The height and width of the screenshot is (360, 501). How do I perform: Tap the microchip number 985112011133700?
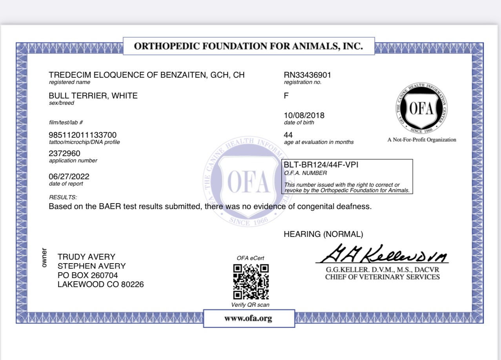click(x=82, y=135)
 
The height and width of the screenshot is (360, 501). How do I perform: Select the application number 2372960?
click(x=65, y=153)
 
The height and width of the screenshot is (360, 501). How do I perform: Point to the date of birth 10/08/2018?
click(x=304, y=115)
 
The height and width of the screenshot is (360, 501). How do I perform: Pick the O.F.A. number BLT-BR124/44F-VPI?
click(x=321, y=165)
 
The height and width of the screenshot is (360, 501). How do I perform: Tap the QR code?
click(x=251, y=282)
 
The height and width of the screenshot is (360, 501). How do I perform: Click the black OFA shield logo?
click(x=422, y=109)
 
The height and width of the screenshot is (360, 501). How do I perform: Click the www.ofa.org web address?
click(x=248, y=318)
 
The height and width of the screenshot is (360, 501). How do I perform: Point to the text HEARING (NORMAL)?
click(x=323, y=234)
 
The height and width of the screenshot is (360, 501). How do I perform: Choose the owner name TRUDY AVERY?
click(x=86, y=257)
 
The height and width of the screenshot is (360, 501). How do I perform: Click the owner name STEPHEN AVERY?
click(x=91, y=266)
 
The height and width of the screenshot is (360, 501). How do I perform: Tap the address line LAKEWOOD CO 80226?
click(x=100, y=284)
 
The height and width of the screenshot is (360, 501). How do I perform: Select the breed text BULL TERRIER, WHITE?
click(x=93, y=96)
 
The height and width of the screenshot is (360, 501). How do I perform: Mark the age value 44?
click(x=288, y=135)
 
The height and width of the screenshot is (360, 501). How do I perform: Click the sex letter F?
click(x=286, y=96)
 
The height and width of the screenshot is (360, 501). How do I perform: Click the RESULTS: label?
click(x=63, y=197)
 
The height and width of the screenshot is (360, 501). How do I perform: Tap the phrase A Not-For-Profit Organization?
click(x=422, y=140)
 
